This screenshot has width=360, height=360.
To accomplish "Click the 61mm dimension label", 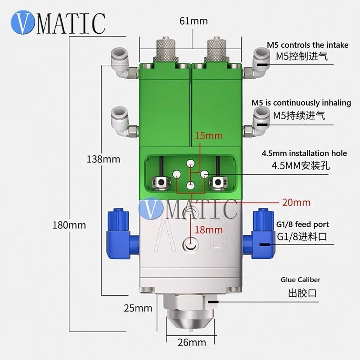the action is pyautogui.click(x=193, y=21).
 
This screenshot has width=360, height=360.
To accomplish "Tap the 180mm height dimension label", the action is pyautogui.click(x=69, y=225).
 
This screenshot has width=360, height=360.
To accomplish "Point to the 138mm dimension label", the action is pyautogui.click(x=103, y=159).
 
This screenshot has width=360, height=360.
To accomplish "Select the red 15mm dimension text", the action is pyautogui.click(x=209, y=135).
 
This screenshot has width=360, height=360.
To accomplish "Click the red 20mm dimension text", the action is pyautogui.click(x=296, y=202).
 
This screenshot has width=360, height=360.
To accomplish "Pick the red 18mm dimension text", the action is pyautogui.click(x=209, y=229).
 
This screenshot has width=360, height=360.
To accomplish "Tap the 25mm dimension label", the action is pyautogui.click(x=138, y=308).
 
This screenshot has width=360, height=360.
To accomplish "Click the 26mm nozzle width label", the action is pyautogui.click(x=192, y=342).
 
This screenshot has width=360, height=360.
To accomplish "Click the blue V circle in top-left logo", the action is pyautogui.click(x=23, y=22).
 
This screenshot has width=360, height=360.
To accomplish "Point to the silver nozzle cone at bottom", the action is pyautogui.click(x=190, y=320).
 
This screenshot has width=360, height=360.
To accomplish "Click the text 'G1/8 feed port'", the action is pyautogui.click(x=302, y=224).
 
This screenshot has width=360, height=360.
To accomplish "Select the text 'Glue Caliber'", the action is pyautogui.click(x=300, y=279).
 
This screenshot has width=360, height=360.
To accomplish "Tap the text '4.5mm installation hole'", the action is pyautogui.click(x=304, y=153).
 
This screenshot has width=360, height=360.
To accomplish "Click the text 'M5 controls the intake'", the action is pyautogui.click(x=307, y=45).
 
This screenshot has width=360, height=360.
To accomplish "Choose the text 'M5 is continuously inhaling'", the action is pyautogui.click(x=301, y=103).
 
